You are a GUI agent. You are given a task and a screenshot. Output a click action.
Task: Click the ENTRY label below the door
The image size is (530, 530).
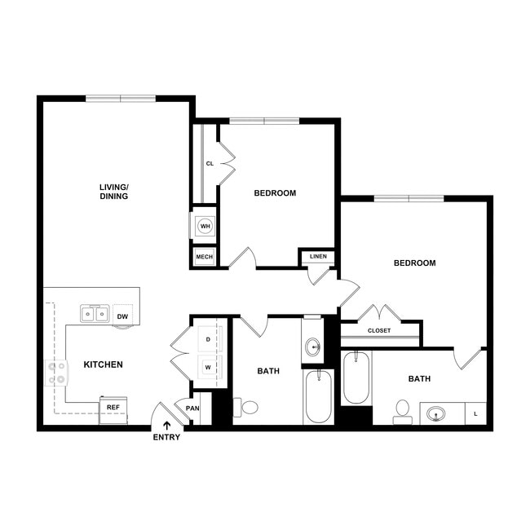click(x=166, y=437)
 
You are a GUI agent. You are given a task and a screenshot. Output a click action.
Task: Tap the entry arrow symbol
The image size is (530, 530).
click(x=168, y=424)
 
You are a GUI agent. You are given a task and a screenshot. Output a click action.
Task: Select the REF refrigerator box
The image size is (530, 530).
click(x=113, y=407)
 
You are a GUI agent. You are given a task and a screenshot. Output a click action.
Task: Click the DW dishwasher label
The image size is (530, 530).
click(x=122, y=316)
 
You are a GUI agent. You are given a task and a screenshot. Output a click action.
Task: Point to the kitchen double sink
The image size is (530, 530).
click(x=95, y=314)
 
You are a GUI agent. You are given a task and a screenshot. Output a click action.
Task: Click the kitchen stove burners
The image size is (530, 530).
click(x=57, y=373)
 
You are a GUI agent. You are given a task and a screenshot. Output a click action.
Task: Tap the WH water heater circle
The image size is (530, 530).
click(x=205, y=226)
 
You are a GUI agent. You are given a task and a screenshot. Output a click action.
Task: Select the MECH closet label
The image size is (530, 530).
click(x=205, y=257)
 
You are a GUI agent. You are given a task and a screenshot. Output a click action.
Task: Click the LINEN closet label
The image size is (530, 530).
click(x=318, y=257)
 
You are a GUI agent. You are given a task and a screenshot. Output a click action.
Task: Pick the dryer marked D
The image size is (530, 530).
click(x=208, y=338)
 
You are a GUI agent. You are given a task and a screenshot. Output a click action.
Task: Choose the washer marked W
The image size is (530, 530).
click(x=208, y=366)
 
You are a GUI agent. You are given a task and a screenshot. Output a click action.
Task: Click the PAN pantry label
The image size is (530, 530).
click(x=193, y=409)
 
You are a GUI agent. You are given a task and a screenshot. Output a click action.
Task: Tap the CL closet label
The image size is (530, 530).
click(x=210, y=164)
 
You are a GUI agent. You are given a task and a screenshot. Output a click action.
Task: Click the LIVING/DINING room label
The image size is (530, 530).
click(x=114, y=192)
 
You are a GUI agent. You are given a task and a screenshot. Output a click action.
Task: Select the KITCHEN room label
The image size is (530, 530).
click(x=104, y=364)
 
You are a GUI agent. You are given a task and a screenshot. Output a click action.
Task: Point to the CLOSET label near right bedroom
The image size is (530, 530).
click(x=379, y=330)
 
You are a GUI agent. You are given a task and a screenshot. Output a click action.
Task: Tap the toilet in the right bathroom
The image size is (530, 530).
click(x=402, y=410)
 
